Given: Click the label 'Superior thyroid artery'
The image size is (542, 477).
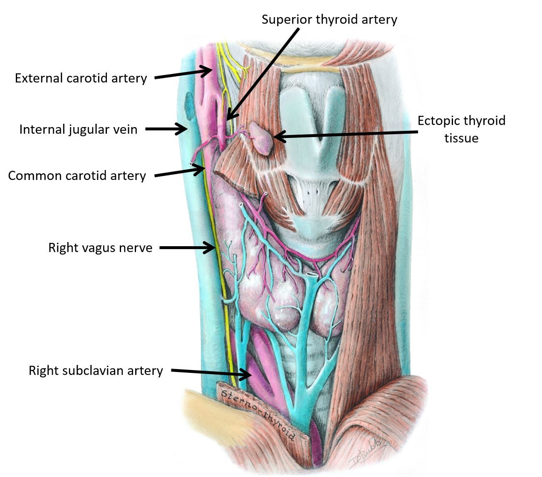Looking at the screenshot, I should point(329,19).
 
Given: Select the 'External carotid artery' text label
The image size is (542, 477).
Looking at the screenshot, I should point(81,78).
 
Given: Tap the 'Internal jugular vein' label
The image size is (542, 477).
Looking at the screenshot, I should point(78,129).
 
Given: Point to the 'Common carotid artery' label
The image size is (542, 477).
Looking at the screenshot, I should point(77,175).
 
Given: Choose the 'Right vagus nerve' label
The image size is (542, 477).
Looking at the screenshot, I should point(100,248).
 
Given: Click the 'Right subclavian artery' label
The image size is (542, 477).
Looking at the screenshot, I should point(96,370).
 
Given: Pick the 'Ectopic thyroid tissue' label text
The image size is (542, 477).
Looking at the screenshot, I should point(461,129).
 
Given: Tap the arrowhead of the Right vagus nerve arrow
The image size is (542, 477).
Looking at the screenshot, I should point(212,248).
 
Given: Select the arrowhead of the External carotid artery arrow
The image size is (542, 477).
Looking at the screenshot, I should point(210,70).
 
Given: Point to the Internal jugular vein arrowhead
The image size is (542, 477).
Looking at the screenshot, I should point(184,129).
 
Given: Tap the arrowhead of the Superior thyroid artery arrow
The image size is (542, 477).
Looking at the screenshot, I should point(228,118).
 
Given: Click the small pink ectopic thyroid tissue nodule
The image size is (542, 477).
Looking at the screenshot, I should point(262,138).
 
